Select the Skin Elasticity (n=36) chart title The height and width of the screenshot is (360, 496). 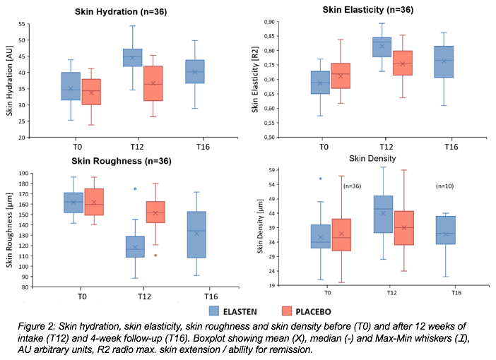367,10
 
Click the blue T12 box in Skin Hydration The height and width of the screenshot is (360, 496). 132,57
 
